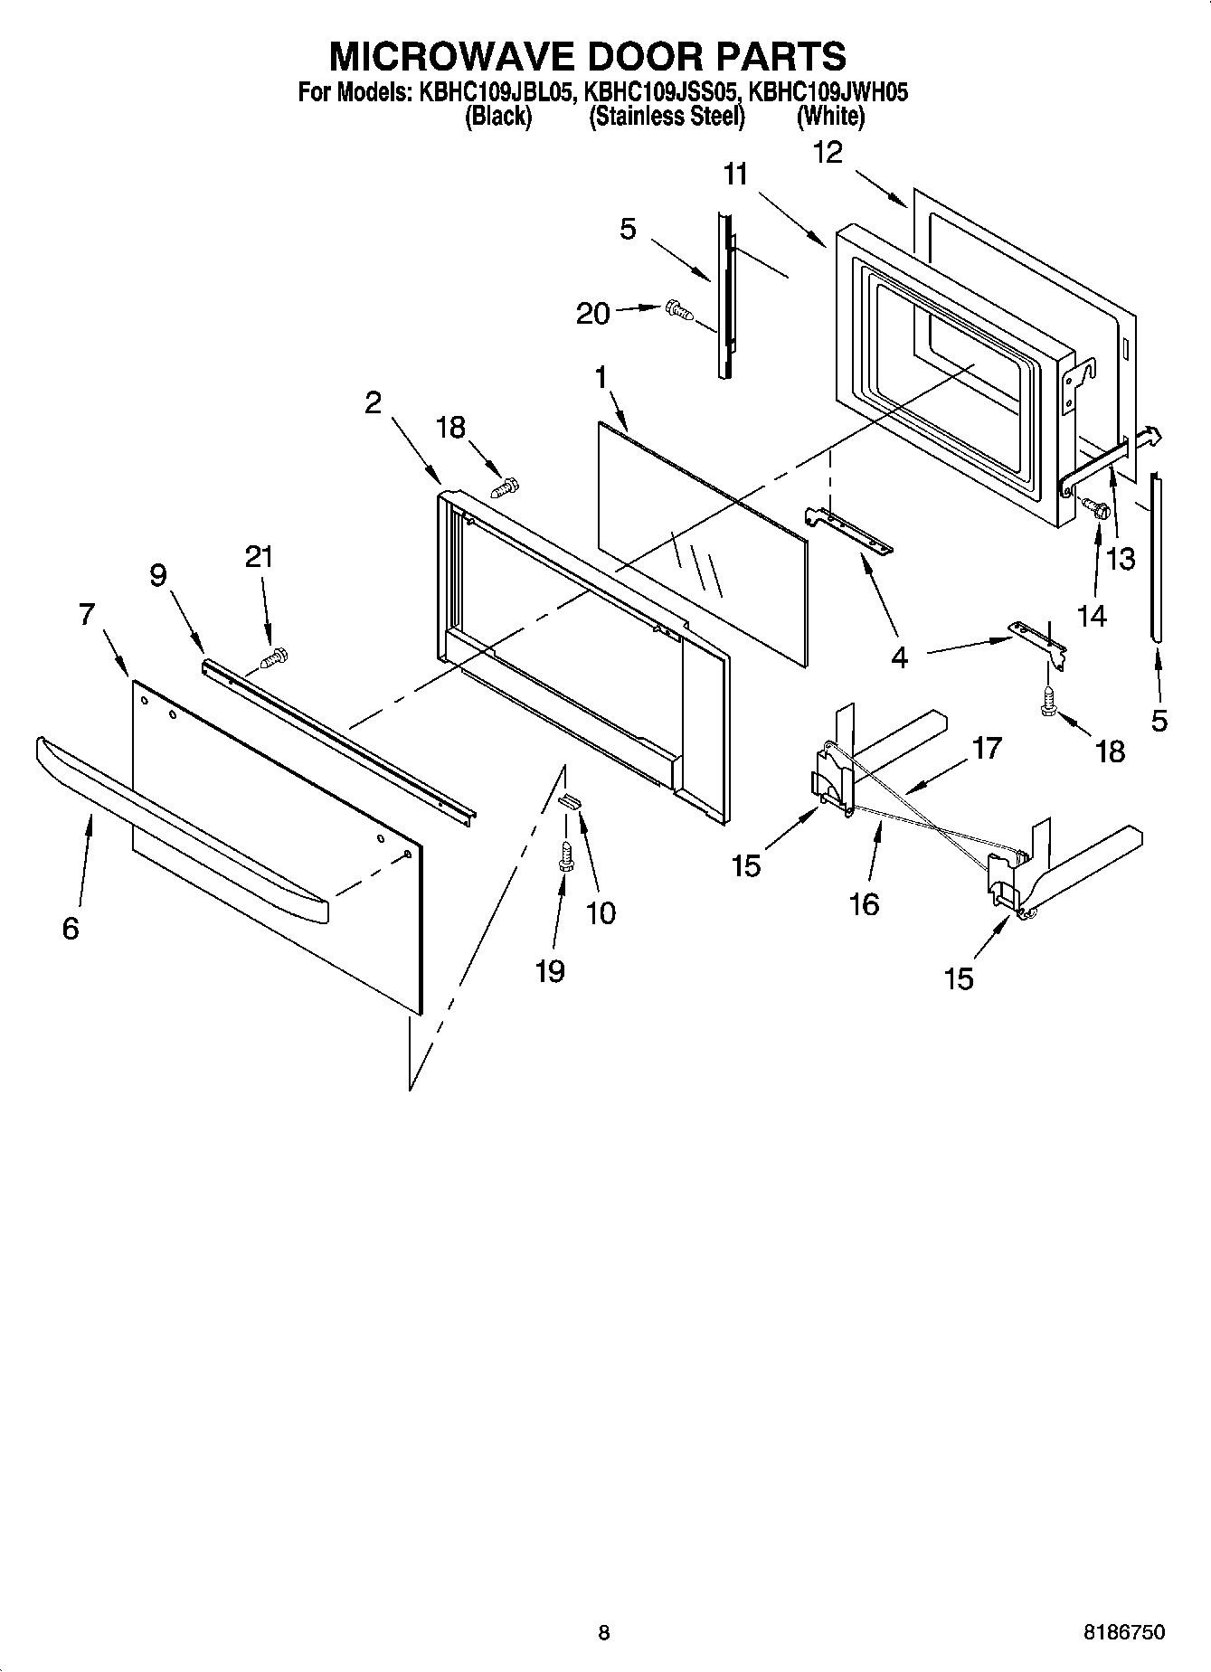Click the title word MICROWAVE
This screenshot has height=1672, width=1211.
click(452, 56)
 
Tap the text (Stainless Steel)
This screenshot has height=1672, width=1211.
click(667, 117)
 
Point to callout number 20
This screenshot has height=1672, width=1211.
click(593, 314)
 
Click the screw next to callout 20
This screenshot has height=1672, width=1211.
click(678, 311)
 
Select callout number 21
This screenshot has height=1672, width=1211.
click(259, 557)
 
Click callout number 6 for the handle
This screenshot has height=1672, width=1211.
click(71, 928)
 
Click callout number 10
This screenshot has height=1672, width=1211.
click(601, 913)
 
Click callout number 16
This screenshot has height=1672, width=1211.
click(865, 903)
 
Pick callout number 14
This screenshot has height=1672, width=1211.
click(1092, 616)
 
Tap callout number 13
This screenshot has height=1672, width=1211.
click(1121, 559)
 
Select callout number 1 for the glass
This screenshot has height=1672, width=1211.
click(601, 378)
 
